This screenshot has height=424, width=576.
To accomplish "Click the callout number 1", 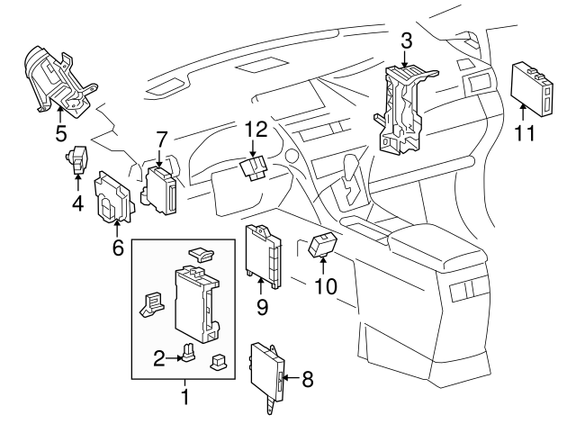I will click(x=185, y=395).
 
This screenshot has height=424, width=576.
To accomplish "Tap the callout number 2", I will click(x=159, y=358).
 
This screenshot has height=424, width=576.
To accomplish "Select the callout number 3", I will click(x=407, y=41).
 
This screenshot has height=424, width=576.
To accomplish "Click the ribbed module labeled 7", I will click(x=161, y=188).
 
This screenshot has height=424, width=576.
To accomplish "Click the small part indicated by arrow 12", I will click(x=255, y=168).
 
